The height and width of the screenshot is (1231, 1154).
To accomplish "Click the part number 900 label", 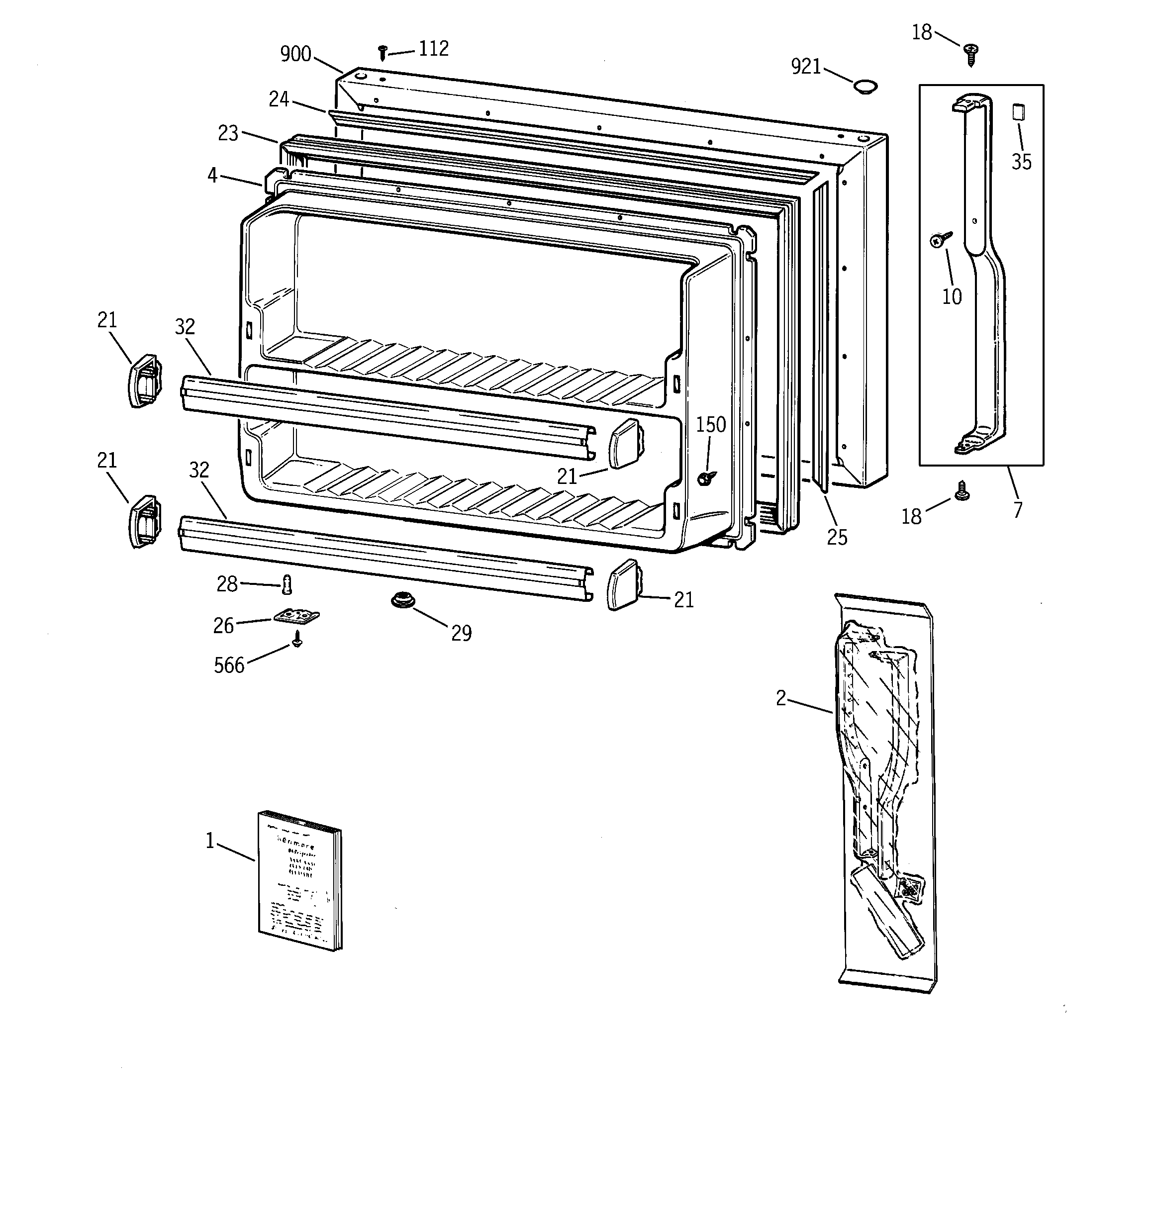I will [x=295, y=55].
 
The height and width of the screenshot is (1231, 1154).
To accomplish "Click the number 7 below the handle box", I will [x=1017, y=510].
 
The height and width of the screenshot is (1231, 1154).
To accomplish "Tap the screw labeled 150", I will [x=705, y=477].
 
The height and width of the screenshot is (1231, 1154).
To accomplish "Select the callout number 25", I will [x=837, y=538].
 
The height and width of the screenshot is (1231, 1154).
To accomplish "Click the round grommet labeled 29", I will [x=402, y=599].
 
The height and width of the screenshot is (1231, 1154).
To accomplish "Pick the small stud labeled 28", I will [x=286, y=584].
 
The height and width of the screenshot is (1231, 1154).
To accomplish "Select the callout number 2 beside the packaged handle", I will [x=781, y=698].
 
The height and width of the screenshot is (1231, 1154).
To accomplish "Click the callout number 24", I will [x=279, y=99].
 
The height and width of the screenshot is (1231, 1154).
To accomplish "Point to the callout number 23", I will [x=228, y=133].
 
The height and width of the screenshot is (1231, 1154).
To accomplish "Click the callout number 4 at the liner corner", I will [x=212, y=176].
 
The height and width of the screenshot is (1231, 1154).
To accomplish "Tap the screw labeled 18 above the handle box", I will [x=970, y=53].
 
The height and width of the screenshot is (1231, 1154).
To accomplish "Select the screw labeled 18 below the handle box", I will [x=962, y=491].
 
